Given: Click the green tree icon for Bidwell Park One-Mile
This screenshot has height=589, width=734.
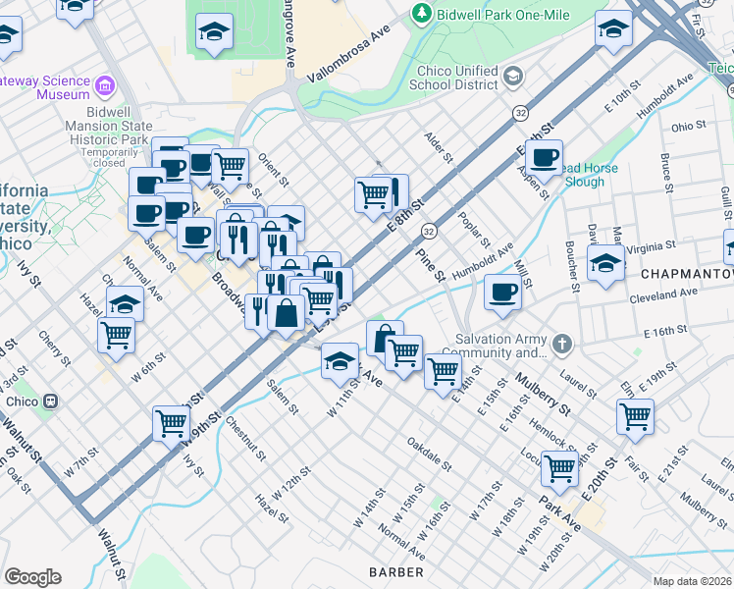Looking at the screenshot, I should [421, 13].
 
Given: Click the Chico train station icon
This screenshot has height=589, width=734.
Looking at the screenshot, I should [48, 401].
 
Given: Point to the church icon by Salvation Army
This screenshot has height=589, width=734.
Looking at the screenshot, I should [560, 344].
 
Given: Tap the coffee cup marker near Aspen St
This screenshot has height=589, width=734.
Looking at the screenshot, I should [543, 156].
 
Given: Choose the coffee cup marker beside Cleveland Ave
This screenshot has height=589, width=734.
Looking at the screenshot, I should [502, 292].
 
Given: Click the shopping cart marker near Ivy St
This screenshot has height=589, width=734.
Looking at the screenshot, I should [171, 423].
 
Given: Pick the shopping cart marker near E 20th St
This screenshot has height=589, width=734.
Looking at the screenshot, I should [635, 415].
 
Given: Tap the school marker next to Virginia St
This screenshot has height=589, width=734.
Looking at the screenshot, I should [605, 263].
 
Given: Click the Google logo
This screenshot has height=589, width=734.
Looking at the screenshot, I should [33, 577].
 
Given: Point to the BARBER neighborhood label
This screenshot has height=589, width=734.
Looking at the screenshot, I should [396, 571].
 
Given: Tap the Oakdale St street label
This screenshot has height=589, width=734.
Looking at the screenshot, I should [429, 454].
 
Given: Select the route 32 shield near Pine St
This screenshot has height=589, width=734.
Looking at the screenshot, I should [429, 230].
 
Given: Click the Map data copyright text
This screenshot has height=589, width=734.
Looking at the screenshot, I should [692, 580].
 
